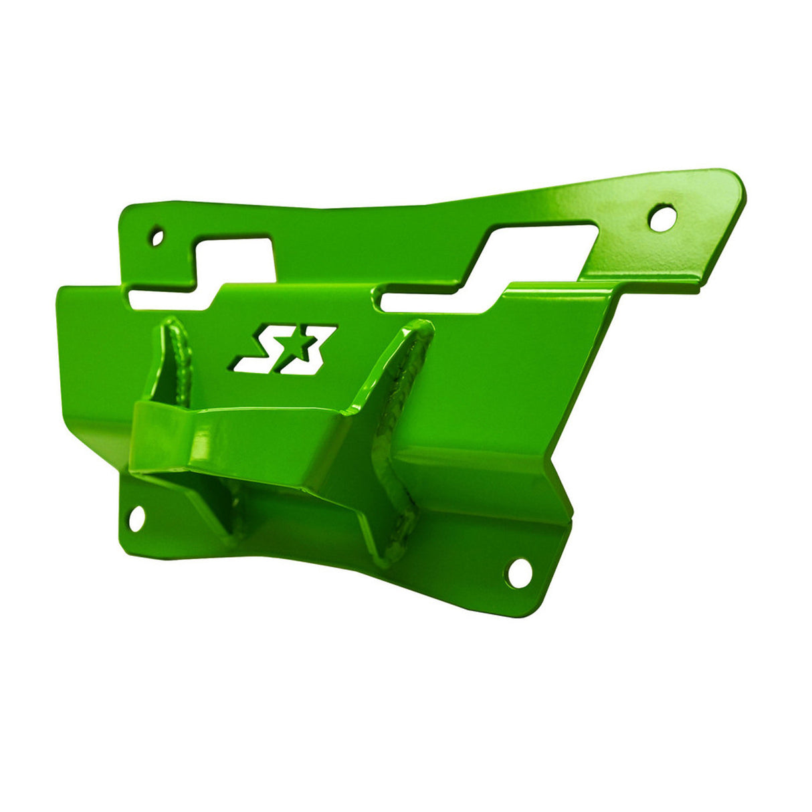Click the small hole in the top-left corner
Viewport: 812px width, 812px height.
[157, 237]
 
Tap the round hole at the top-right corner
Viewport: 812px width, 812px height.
[662, 218]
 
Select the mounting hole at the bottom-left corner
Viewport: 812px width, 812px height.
[136, 518]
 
